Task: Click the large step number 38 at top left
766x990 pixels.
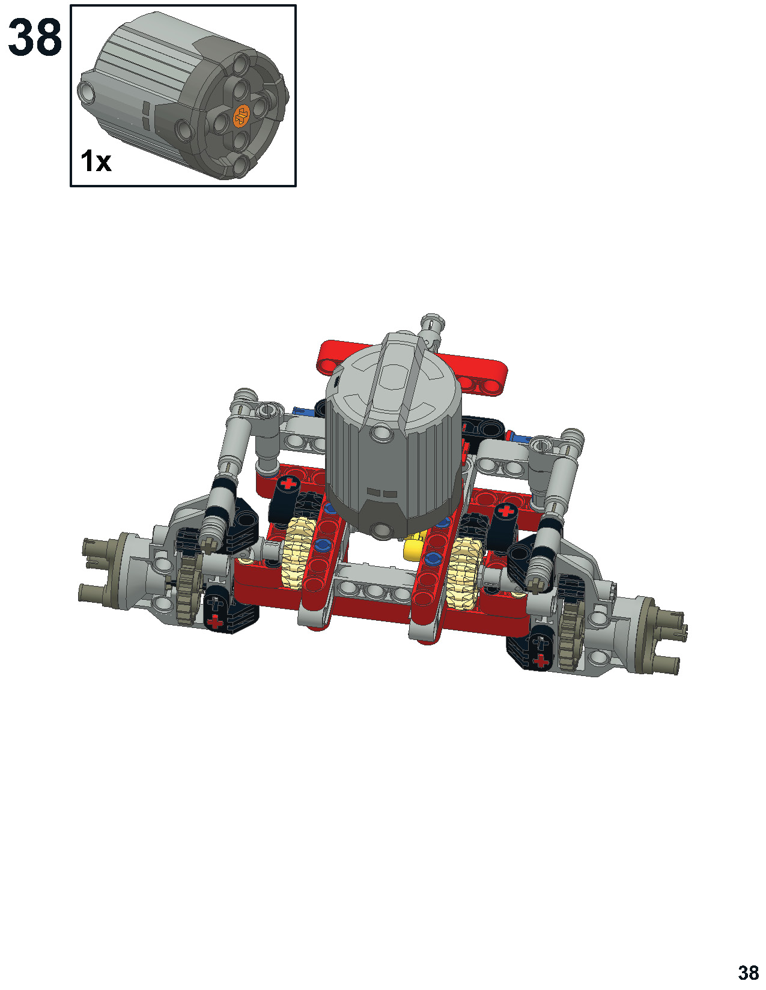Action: coord(35,37)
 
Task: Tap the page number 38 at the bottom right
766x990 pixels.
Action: coord(748,969)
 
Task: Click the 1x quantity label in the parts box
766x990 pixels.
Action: coord(96,161)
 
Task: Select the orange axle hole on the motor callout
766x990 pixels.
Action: coord(242,116)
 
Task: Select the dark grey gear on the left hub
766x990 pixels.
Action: coord(186,585)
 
